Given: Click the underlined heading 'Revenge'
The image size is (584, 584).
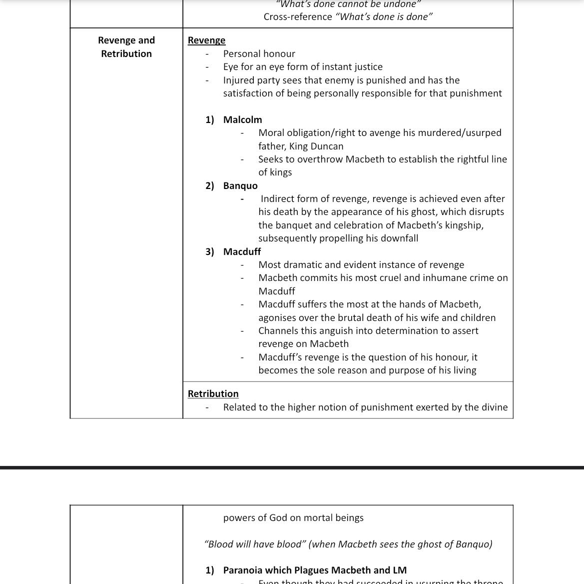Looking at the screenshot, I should [x=206, y=40].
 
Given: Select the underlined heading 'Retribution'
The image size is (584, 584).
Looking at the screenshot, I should [x=213, y=394].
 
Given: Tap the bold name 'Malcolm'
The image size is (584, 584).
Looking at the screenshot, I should [x=242, y=120].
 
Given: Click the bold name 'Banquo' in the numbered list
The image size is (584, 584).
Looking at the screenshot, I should [x=240, y=186].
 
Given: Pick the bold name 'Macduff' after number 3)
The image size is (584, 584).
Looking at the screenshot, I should [x=242, y=252].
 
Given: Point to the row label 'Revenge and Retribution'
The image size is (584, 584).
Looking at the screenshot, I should [x=126, y=47].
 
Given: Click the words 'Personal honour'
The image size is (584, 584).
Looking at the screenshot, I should [x=259, y=54].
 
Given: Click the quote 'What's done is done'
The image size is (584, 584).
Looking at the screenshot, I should [x=384, y=17].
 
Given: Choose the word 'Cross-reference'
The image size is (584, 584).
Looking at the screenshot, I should [x=298, y=17].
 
